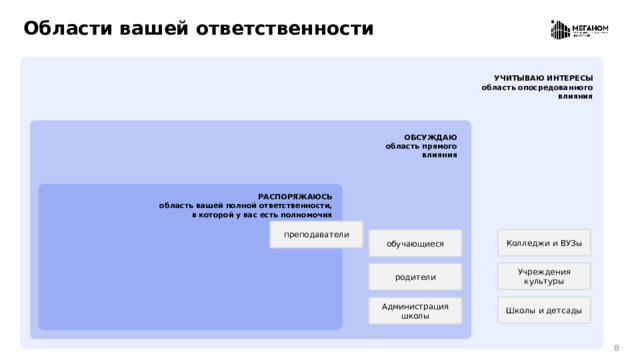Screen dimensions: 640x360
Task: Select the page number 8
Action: (x=616, y=347)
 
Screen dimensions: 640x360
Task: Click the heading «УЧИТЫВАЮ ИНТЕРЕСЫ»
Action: (x=543, y=78)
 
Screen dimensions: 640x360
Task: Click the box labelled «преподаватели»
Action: (x=316, y=235)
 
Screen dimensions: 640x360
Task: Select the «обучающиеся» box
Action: (x=415, y=243)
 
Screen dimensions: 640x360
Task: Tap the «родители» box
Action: (x=415, y=277)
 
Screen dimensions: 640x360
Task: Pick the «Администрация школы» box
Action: (x=415, y=311)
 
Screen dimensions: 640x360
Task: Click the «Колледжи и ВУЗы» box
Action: (x=544, y=242)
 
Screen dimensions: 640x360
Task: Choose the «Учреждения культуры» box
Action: (x=544, y=276)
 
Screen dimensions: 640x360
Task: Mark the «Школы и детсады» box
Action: (x=544, y=310)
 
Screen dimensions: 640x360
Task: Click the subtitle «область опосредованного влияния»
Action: (x=537, y=92)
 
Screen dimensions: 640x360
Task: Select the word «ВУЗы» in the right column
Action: (x=569, y=242)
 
